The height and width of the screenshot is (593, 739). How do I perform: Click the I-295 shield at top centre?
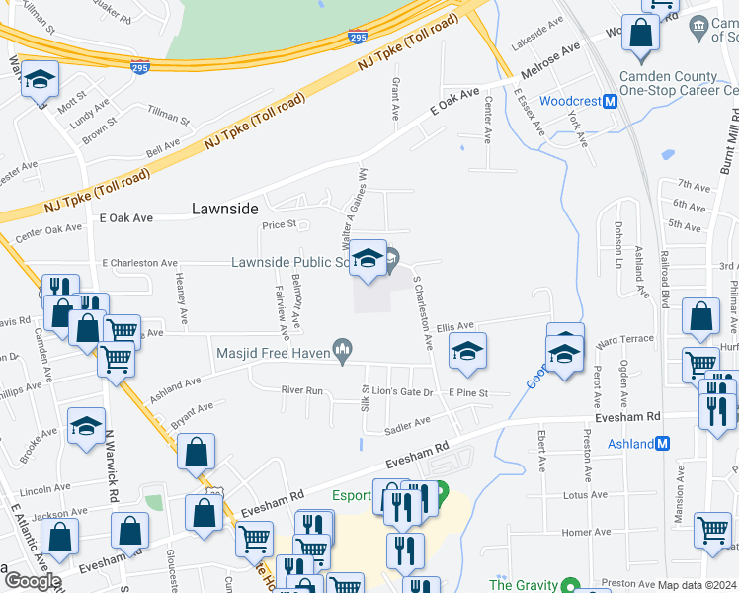pos(358,38)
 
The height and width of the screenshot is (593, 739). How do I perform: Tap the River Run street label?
pos(302,391)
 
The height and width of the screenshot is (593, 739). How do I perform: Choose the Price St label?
pos(280,225)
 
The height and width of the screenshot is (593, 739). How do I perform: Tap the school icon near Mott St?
pos(41,80)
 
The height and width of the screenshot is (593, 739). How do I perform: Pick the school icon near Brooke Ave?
pos(86,427)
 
